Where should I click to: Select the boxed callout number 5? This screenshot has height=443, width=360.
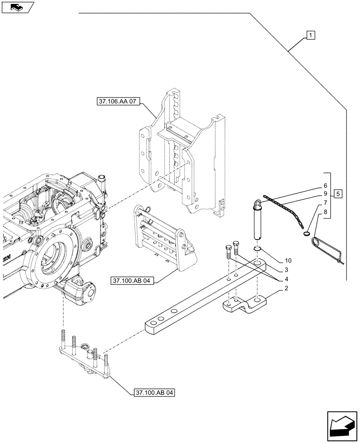(x=338, y=194)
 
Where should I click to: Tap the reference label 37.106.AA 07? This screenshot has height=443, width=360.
(x=117, y=102)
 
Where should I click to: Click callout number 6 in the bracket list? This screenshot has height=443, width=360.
(x=325, y=186)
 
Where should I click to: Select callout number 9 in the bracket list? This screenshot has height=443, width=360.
(x=325, y=194)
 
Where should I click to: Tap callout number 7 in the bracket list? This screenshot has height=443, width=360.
(x=325, y=203)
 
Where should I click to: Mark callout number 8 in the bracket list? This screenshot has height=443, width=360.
(x=325, y=212)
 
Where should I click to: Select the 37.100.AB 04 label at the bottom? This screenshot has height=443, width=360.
(x=153, y=392)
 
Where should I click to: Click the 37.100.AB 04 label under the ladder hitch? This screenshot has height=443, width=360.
(x=133, y=281)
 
